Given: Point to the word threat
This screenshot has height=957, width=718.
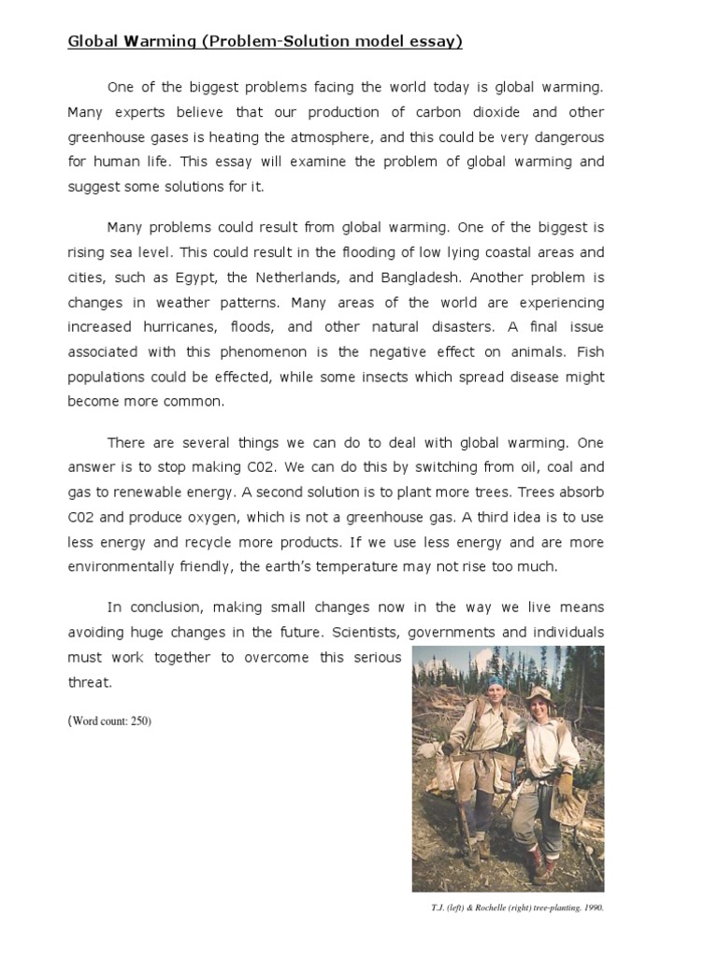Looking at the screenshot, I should pos(90,682).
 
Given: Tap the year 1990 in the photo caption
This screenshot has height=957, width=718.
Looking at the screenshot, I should pos(581,906).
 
